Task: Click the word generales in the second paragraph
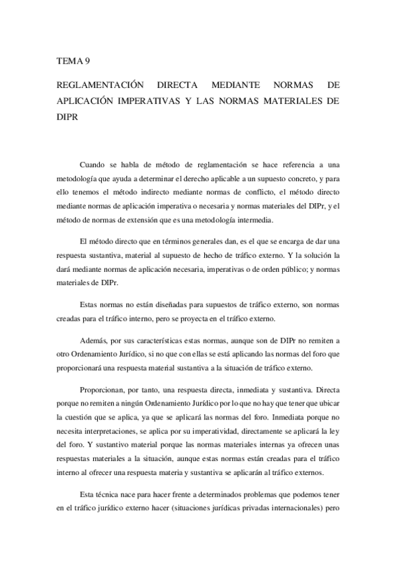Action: pos(198,241)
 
